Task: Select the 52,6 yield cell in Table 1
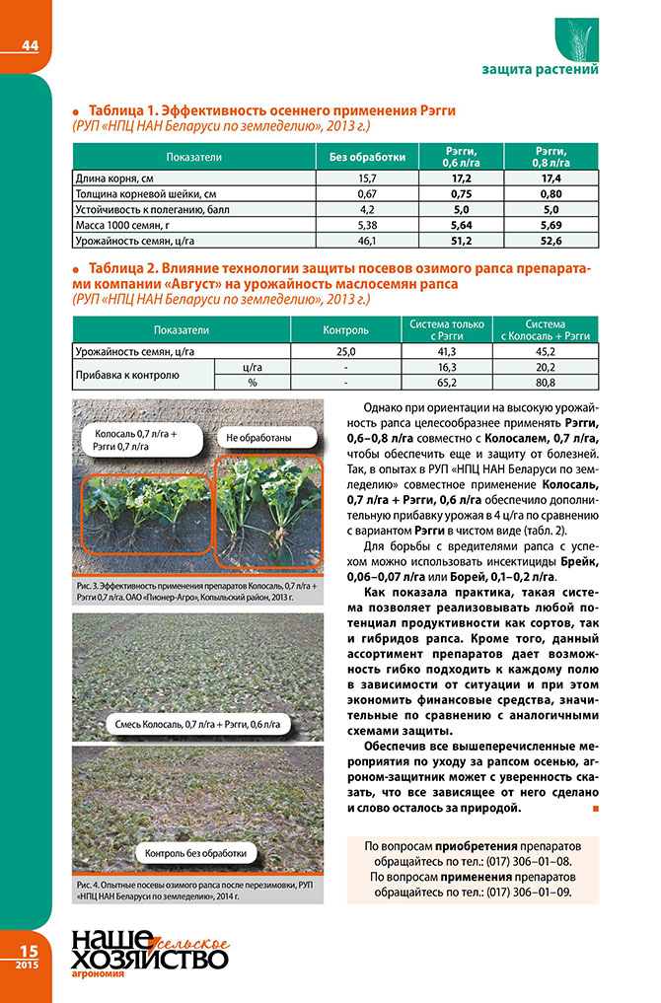pos(551,240)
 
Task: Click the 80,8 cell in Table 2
pos(545,382)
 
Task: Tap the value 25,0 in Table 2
pos(345,351)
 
